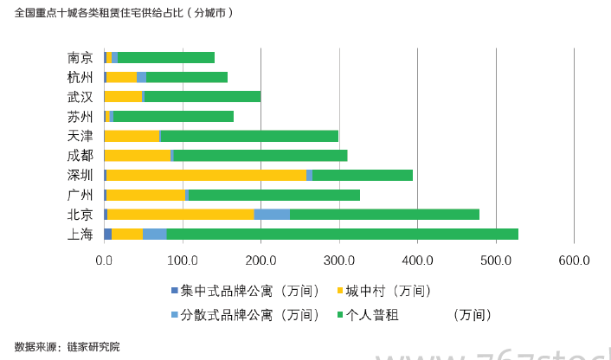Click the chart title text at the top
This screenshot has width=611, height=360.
(124, 14)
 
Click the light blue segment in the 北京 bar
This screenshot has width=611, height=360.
(272, 214)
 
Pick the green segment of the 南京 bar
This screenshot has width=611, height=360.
(166, 57)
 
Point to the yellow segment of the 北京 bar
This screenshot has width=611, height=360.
(180, 214)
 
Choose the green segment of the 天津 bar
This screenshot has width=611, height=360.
(249, 136)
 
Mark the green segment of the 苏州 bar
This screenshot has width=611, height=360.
(173, 116)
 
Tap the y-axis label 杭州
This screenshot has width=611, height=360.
(80, 77)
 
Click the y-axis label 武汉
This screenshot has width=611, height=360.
(80, 96)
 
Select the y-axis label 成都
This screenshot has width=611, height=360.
(80, 155)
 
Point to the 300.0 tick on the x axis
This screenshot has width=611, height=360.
(339, 259)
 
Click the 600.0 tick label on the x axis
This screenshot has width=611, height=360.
(574, 259)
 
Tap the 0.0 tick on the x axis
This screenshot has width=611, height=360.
(105, 259)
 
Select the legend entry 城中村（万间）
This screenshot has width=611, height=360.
(389, 291)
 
